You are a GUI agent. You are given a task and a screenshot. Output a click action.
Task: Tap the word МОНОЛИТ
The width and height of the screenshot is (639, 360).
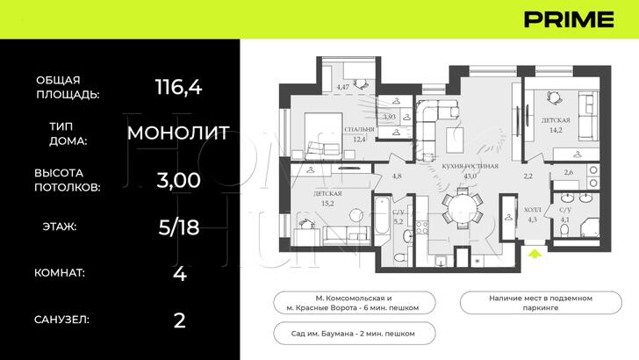pyautogui.click(x=178, y=133)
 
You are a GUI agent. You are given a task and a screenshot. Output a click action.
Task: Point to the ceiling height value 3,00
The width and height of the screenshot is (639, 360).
pyautogui.click(x=178, y=180)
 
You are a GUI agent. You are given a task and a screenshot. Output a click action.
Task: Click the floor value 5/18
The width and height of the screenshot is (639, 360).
pyautogui.click(x=178, y=227)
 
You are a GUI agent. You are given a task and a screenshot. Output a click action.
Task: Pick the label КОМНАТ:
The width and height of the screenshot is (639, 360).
pyautogui.click(x=60, y=273)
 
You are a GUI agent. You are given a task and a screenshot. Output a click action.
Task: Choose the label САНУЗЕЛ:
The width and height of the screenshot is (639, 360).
pyautogui.click(x=61, y=320)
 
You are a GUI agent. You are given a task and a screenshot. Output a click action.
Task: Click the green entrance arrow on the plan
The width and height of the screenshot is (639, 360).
pyautogui.click(x=536, y=254)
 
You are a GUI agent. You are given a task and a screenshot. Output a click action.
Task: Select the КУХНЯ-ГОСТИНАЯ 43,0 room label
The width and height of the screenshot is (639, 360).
pyautogui.click(x=472, y=170)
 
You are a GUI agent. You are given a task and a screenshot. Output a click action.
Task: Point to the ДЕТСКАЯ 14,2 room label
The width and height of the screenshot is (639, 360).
pyautogui.click(x=555, y=125)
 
